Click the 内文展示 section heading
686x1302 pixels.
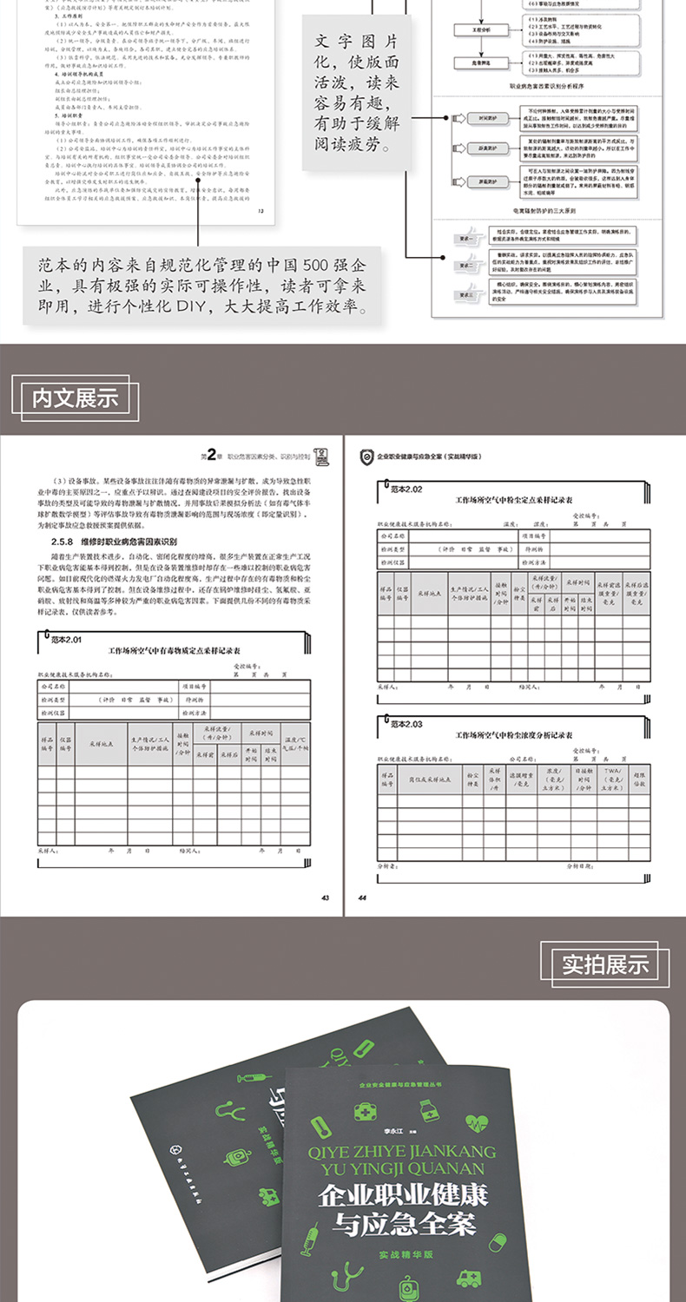coord(75,398)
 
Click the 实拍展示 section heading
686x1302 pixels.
coord(605,963)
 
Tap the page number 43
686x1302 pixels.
coord(325,897)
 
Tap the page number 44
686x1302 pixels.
coord(363,897)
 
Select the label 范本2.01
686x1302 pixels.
coord(64,640)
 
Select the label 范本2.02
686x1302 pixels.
coord(405,489)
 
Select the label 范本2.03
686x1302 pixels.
coord(405,723)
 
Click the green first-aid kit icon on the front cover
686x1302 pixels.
coord(359,1114)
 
